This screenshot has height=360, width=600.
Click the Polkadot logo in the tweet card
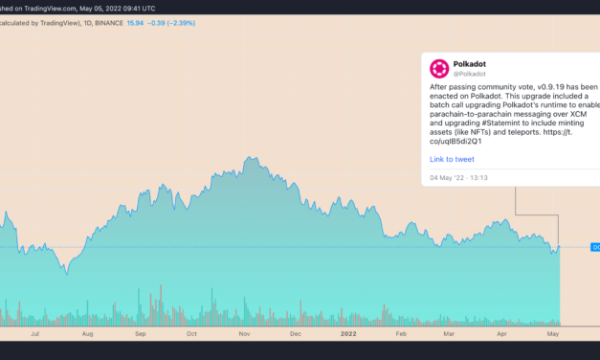pos(439,69)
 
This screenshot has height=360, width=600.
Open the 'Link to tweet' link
pos(452,160)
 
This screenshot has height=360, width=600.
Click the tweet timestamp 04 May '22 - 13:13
pos(460,177)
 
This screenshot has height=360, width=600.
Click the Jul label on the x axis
pos(36,335)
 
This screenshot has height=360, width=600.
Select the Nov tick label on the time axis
pos(243,335)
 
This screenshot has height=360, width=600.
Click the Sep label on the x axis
pos(141,335)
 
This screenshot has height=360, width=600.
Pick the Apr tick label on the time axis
pos(502,335)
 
